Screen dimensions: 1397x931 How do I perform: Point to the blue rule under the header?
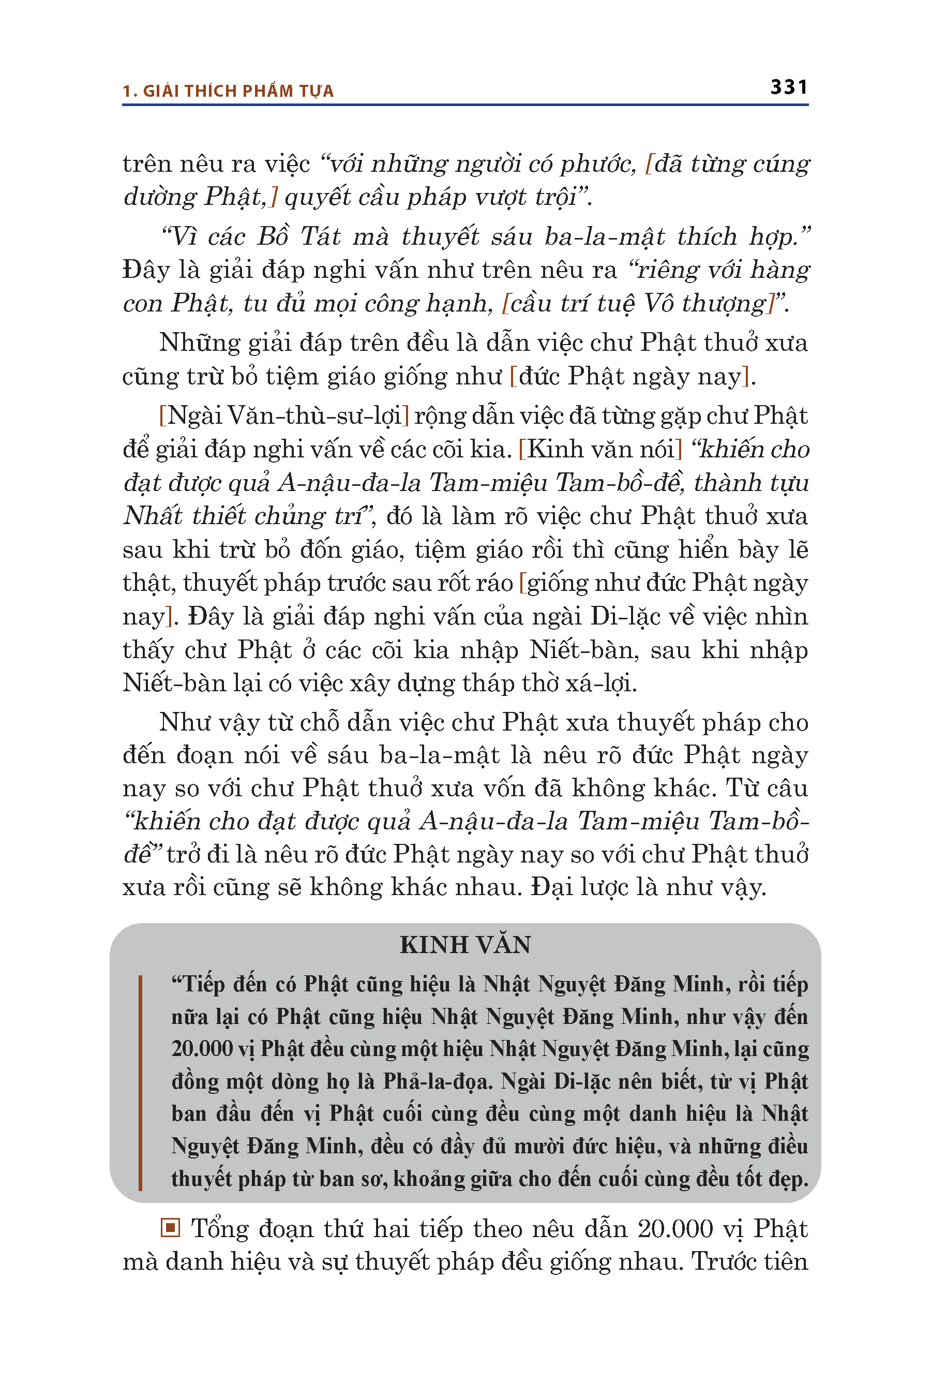[465, 105]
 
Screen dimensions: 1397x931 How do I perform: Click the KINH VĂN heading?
[465, 945]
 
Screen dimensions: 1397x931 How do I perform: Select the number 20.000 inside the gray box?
[202, 1048]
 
